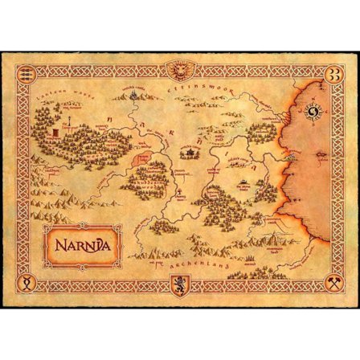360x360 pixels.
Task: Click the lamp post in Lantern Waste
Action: click(x=71, y=121)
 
